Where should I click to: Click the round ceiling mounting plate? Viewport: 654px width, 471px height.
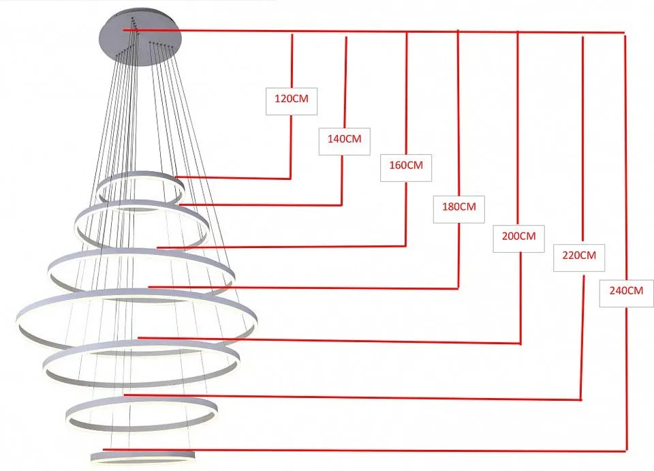140,36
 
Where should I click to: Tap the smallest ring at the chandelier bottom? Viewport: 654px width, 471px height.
142,452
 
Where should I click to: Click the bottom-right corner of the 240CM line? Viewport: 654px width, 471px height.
626,451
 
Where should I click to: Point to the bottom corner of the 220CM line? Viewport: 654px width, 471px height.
581,399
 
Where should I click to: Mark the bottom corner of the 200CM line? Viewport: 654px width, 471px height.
520,344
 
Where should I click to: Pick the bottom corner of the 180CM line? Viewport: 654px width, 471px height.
458,288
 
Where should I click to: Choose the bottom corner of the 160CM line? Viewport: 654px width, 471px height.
405,246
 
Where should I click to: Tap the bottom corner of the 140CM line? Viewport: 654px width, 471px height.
341,205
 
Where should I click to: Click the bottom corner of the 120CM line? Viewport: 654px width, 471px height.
290,179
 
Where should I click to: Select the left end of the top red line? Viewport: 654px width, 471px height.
123,30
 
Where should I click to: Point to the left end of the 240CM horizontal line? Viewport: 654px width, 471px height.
104,449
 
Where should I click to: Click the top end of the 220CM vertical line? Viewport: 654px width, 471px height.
582,37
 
